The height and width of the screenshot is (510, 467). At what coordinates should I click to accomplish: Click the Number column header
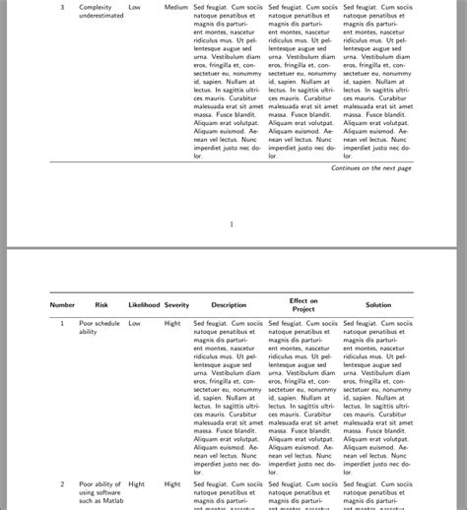pos(62,305)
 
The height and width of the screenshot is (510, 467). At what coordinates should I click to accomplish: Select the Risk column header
pos(101,305)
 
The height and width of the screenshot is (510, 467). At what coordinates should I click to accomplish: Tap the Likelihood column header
pos(144,305)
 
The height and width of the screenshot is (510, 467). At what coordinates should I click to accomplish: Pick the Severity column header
pos(176,305)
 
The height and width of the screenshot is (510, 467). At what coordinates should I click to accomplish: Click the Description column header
pos(229,305)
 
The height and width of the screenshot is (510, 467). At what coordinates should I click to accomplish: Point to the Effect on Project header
pos(302,305)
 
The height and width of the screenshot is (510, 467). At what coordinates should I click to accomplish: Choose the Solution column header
pos(378,305)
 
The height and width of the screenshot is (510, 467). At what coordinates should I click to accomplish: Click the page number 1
pos(232,223)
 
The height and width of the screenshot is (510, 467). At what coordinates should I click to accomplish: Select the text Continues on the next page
pos(371,168)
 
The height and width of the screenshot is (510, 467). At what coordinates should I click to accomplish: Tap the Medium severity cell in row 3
pos(176,7)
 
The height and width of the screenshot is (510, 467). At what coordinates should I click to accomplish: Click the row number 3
pos(62,7)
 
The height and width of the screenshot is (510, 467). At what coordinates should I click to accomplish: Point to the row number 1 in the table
pos(62,323)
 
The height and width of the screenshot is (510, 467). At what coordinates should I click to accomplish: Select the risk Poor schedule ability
pos(100,328)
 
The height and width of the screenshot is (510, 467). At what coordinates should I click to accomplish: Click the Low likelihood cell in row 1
pos(135,323)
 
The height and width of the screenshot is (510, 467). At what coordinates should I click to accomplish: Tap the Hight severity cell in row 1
pos(172,323)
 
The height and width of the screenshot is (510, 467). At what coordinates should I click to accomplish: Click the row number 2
pos(62,484)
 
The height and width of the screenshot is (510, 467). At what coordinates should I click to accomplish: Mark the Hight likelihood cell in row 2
pos(136,484)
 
